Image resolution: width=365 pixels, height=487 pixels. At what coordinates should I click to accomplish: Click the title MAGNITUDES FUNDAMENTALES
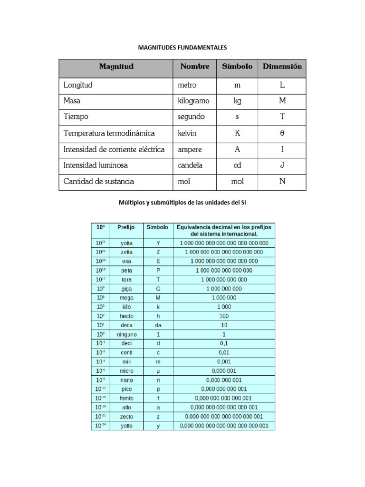(x=182, y=48)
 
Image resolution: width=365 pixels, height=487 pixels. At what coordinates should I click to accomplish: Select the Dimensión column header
(x=282, y=67)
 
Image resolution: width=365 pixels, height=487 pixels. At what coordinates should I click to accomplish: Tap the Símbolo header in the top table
(x=237, y=67)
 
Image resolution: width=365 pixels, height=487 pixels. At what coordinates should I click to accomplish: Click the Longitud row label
(x=78, y=85)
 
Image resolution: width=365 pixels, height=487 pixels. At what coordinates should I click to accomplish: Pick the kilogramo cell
(x=193, y=101)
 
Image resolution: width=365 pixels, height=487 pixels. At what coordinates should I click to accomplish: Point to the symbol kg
(x=237, y=101)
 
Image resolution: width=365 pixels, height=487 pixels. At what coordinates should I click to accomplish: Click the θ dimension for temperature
(x=282, y=133)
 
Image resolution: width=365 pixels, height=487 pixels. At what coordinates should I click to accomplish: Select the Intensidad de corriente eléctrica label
(x=114, y=149)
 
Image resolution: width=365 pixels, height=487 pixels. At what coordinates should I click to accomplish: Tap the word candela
(x=190, y=165)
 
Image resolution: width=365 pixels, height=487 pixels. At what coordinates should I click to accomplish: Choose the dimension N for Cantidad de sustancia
(x=282, y=181)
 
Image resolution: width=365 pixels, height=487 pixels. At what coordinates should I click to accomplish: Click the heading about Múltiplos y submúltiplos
(x=182, y=203)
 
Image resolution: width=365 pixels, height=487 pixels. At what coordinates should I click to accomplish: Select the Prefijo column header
(x=126, y=227)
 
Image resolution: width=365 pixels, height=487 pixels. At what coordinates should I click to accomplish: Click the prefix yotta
(x=126, y=243)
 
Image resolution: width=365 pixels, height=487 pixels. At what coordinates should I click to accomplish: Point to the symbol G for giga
(x=158, y=289)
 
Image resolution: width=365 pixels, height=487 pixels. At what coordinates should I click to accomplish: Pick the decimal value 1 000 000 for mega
(x=224, y=298)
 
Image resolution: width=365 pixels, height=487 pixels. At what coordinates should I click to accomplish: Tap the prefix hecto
(x=126, y=316)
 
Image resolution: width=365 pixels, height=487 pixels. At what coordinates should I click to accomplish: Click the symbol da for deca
(x=158, y=325)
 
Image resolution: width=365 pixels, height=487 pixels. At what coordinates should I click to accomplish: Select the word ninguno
(x=126, y=334)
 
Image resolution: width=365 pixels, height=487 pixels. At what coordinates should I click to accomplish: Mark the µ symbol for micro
(x=158, y=371)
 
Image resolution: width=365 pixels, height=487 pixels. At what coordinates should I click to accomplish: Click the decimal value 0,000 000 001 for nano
(x=224, y=380)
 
